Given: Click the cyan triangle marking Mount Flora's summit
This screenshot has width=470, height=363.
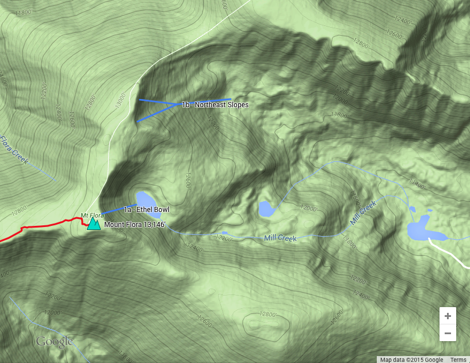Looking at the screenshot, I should pos(93,224).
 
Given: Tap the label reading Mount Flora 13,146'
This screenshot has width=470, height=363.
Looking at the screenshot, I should pos(135,224).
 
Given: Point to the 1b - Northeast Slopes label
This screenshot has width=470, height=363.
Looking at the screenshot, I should pos(215,105).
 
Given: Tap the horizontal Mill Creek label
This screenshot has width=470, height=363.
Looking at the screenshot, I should pos(280,238).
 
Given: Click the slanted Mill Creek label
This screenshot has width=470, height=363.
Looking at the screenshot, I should pos(363,213).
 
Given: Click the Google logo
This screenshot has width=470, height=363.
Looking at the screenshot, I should pos(55,342).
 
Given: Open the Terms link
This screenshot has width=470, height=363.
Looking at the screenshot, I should pos(458,360).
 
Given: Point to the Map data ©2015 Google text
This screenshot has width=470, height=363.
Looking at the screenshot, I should pos(411,360).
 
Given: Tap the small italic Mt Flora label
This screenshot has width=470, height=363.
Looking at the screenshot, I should pos(92,215).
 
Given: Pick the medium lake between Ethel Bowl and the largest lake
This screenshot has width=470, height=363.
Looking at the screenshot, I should pos(266,209).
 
